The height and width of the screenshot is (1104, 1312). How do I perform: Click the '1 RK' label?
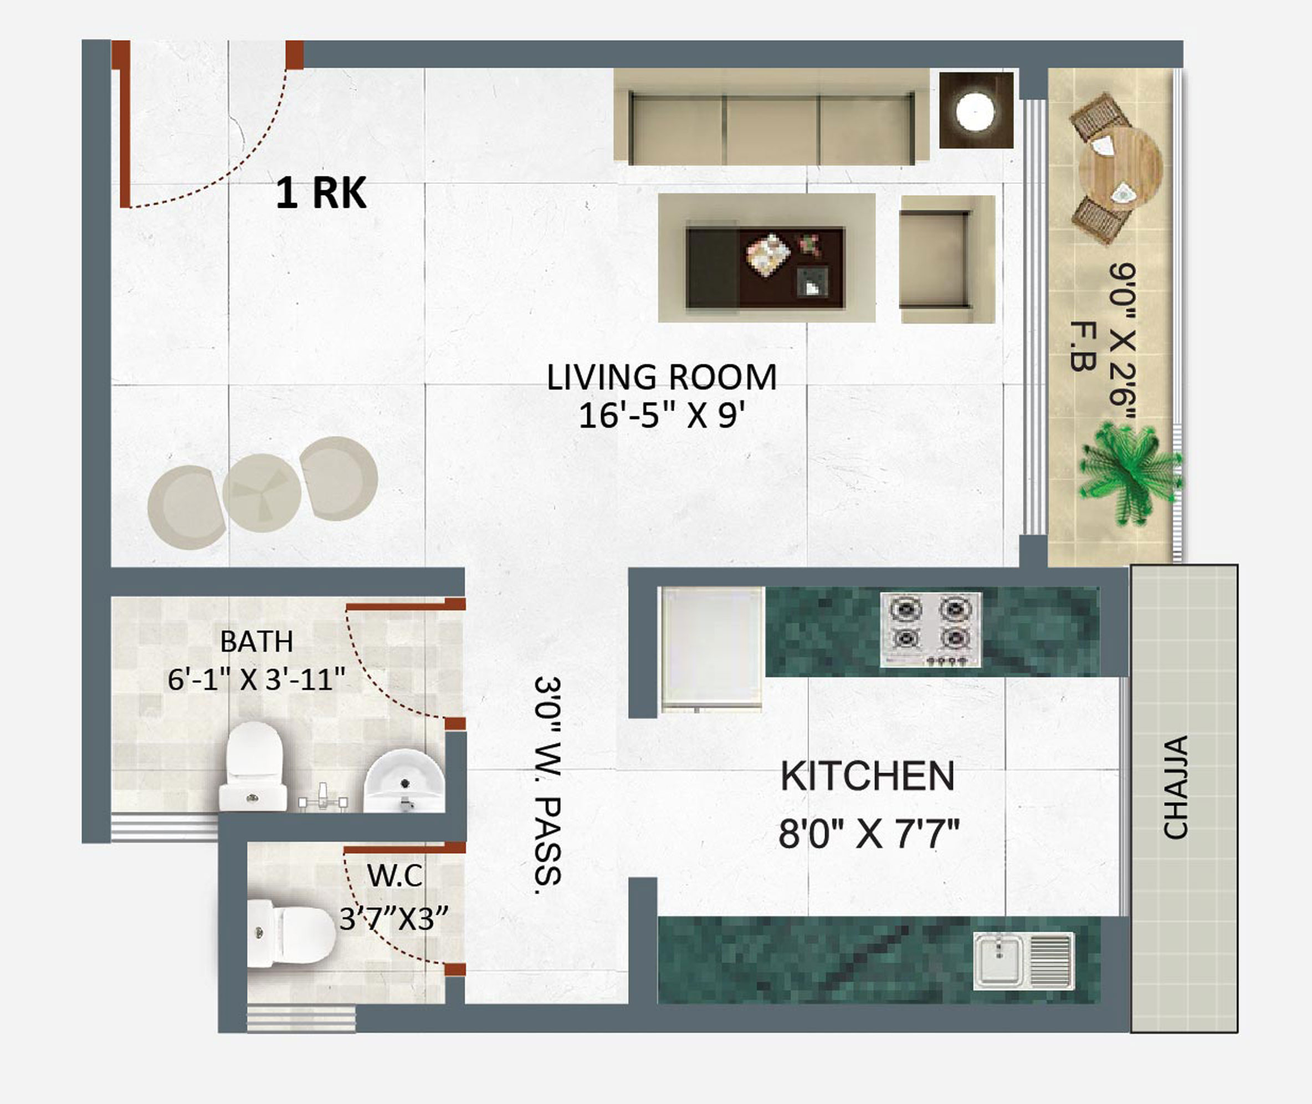click(x=321, y=193)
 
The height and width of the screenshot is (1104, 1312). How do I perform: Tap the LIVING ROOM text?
click(x=662, y=377)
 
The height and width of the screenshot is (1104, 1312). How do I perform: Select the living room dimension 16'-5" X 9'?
click(x=662, y=415)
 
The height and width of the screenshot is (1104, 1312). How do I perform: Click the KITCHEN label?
click(x=868, y=776)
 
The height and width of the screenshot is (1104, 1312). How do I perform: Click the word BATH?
click(x=257, y=641)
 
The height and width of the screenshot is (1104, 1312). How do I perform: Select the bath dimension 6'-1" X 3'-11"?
click(x=256, y=679)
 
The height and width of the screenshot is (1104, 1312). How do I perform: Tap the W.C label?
click(x=395, y=876)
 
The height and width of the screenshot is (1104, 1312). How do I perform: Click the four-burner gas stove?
click(x=931, y=630)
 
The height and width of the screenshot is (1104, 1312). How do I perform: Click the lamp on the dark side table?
click(x=975, y=112)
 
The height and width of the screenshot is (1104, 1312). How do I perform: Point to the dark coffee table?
click(x=765, y=268)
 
